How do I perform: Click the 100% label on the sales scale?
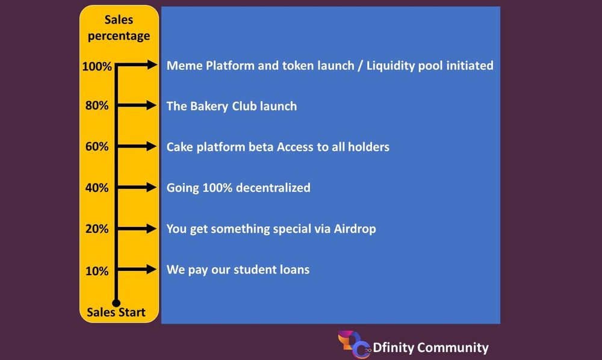pyautogui.click(x=97, y=66)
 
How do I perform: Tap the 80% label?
pyautogui.click(x=97, y=105)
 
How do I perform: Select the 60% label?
pyautogui.click(x=97, y=146)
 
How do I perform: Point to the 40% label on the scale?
pyautogui.click(x=97, y=188)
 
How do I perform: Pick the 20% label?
pyautogui.click(x=97, y=229)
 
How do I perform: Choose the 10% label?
pyautogui.click(x=97, y=271)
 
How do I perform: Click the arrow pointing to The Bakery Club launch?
pyautogui.click(x=137, y=105)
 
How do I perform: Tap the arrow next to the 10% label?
pyautogui.click(x=137, y=269)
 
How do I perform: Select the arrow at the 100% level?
pyautogui.click(x=137, y=64)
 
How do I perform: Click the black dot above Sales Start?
pyautogui.click(x=116, y=303)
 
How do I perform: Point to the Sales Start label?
pyautogui.click(x=116, y=312)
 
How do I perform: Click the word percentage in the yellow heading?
pyautogui.click(x=119, y=36)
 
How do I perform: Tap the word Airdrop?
pyautogui.click(x=355, y=229)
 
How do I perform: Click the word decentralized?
pyautogui.click(x=273, y=188)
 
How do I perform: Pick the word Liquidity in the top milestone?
pyautogui.click(x=390, y=66)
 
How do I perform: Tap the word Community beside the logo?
pyautogui.click(x=453, y=348)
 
